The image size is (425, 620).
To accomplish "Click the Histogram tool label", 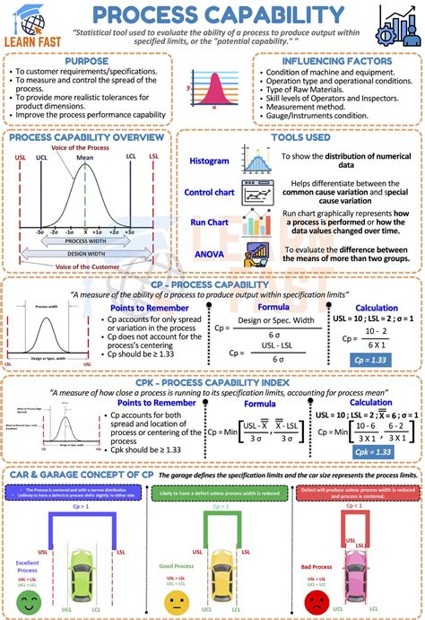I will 209,161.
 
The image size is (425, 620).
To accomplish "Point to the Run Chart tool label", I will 209,222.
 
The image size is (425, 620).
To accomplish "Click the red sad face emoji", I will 317,599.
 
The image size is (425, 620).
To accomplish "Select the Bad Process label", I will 316,567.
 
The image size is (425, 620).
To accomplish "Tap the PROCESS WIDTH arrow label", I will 86,241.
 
